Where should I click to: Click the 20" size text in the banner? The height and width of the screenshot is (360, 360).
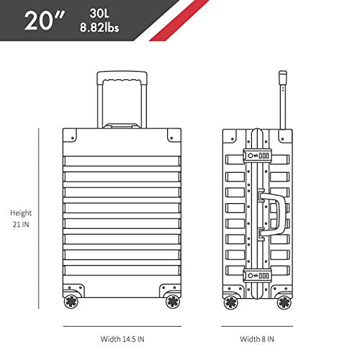pyautogui.click(x=45, y=21)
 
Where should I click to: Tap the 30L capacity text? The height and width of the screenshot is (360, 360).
pyautogui.click(x=99, y=14)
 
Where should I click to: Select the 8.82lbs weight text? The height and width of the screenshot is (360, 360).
pyautogui.click(x=99, y=27)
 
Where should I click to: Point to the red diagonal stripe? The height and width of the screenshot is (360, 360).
pyautogui.click(x=179, y=20)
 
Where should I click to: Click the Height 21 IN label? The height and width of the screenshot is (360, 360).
pyautogui.click(x=21, y=219)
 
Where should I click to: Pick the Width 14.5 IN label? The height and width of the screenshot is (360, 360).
pyautogui.click(x=122, y=339)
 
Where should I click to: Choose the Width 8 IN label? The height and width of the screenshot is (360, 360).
pyautogui.click(x=257, y=339)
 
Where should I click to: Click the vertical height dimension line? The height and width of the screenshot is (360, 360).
pyautogui.click(x=38, y=218)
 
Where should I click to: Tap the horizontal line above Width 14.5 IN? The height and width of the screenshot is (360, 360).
pyautogui.click(x=122, y=326)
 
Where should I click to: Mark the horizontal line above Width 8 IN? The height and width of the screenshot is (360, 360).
pyautogui.click(x=257, y=326)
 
